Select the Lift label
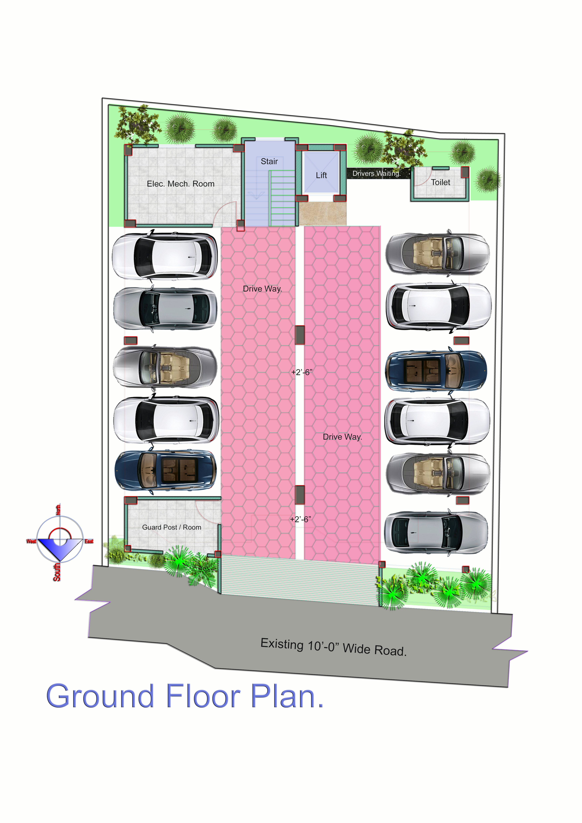click(x=321, y=175)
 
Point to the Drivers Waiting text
click(x=376, y=173)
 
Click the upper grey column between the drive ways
click(x=300, y=335)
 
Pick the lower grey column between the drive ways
click(x=300, y=495)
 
